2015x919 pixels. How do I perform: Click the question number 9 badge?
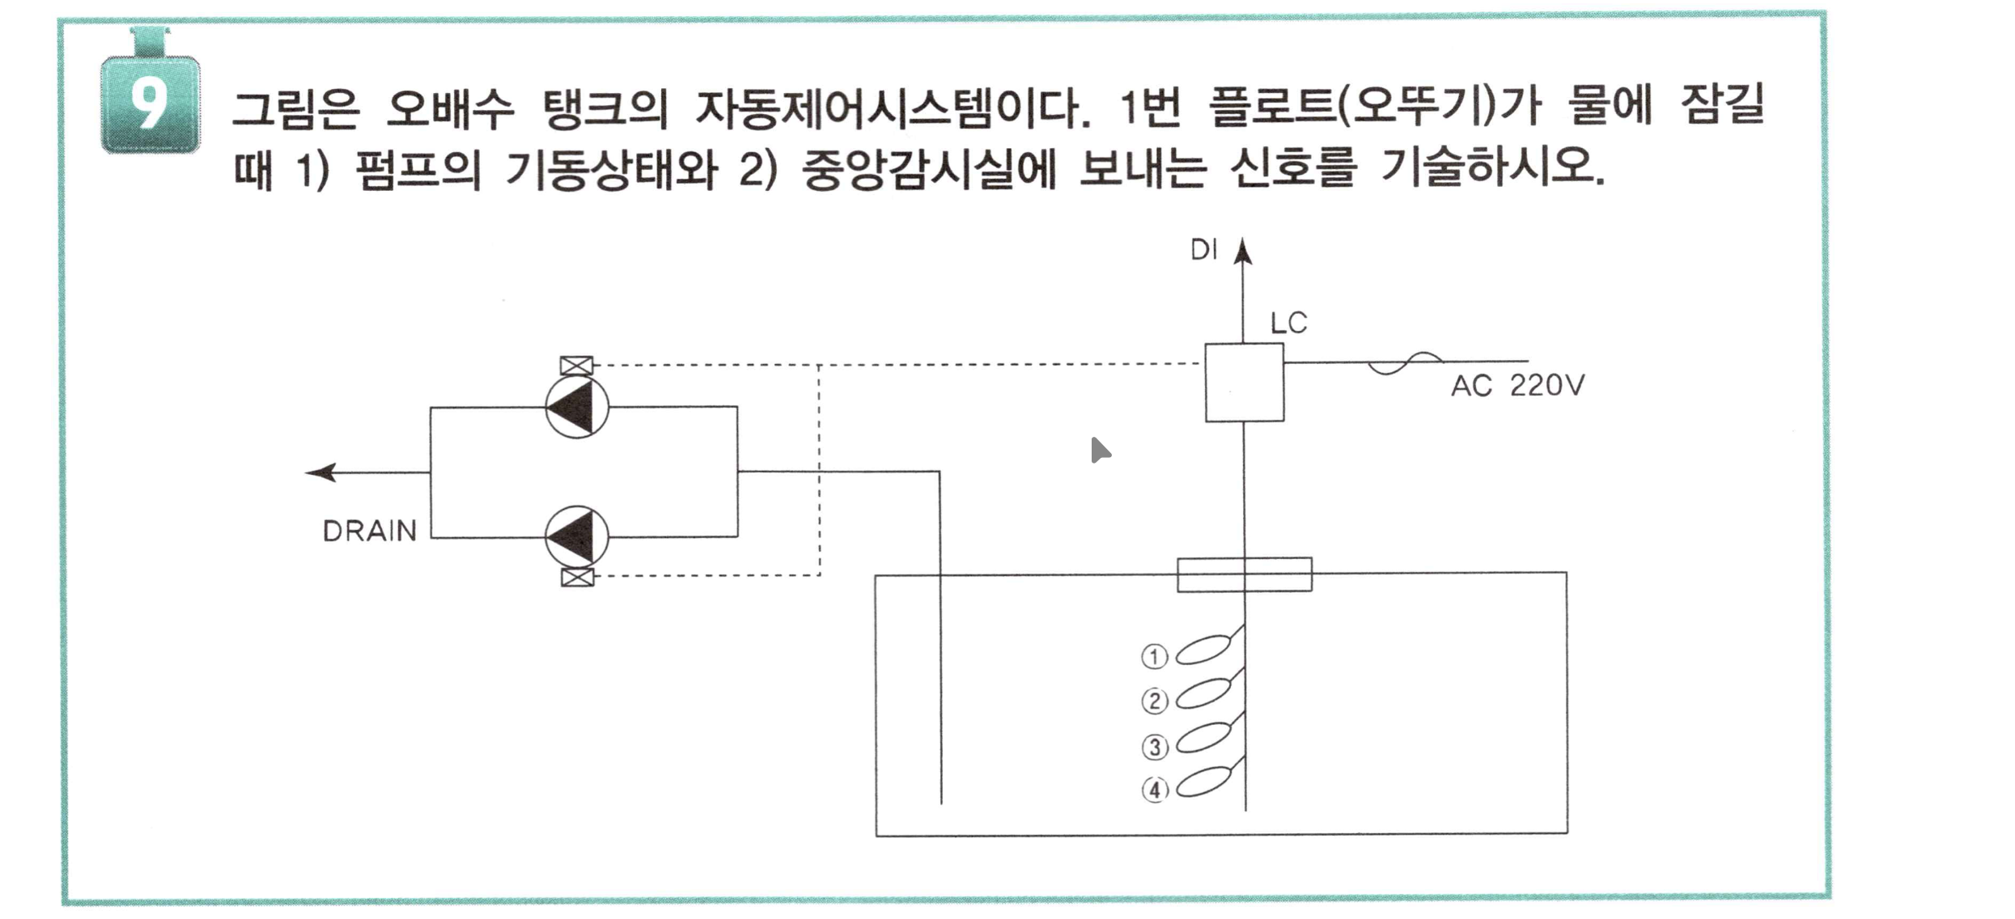point(150,104)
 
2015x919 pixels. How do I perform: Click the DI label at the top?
point(1203,251)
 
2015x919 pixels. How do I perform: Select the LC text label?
point(1288,324)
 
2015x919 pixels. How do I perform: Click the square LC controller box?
point(1244,383)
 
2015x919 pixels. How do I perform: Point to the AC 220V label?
point(1517,386)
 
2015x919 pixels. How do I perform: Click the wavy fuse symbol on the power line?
point(1405,363)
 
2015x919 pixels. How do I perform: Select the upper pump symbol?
point(577,407)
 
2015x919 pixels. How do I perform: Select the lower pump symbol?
point(577,536)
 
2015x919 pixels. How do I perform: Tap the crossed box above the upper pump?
point(576,366)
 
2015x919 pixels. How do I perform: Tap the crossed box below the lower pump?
point(577,577)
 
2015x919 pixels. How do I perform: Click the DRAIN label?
point(370,531)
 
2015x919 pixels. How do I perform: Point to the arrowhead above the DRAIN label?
point(321,472)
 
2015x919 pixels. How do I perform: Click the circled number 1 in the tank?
point(1154,656)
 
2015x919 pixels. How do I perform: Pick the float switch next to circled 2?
point(1203,694)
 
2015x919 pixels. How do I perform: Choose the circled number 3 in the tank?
point(1154,747)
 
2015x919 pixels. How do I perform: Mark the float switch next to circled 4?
point(1203,783)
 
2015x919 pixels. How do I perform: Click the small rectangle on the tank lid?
point(1244,574)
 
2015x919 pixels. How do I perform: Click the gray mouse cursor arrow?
point(1099,451)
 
